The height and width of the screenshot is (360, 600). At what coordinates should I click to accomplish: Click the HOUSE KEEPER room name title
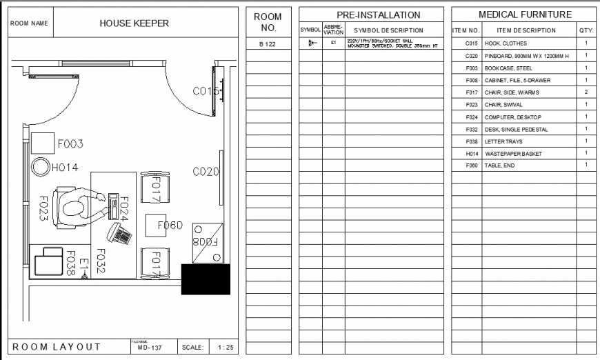coord(134,23)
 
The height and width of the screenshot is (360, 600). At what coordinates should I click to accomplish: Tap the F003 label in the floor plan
coord(70,144)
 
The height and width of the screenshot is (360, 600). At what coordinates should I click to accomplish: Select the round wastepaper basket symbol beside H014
coord(41,166)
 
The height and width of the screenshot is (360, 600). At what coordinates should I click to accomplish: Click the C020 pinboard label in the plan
coord(206,171)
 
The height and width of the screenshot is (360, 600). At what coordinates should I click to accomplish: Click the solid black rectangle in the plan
coord(206,279)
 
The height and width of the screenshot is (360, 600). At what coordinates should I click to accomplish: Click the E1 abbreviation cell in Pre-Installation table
coord(333,43)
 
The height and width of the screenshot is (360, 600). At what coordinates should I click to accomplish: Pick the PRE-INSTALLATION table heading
coord(379,14)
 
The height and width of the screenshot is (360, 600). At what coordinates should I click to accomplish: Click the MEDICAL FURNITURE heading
coord(525,14)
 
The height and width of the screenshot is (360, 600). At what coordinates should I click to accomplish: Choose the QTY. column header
coord(586,30)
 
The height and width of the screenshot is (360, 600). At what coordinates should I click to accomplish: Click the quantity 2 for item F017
coord(586,92)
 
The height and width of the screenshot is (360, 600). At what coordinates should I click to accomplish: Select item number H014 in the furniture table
coord(472,154)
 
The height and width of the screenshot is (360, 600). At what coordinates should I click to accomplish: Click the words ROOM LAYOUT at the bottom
coord(57,347)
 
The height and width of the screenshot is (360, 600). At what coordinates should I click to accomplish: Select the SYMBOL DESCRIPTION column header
coord(392,30)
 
